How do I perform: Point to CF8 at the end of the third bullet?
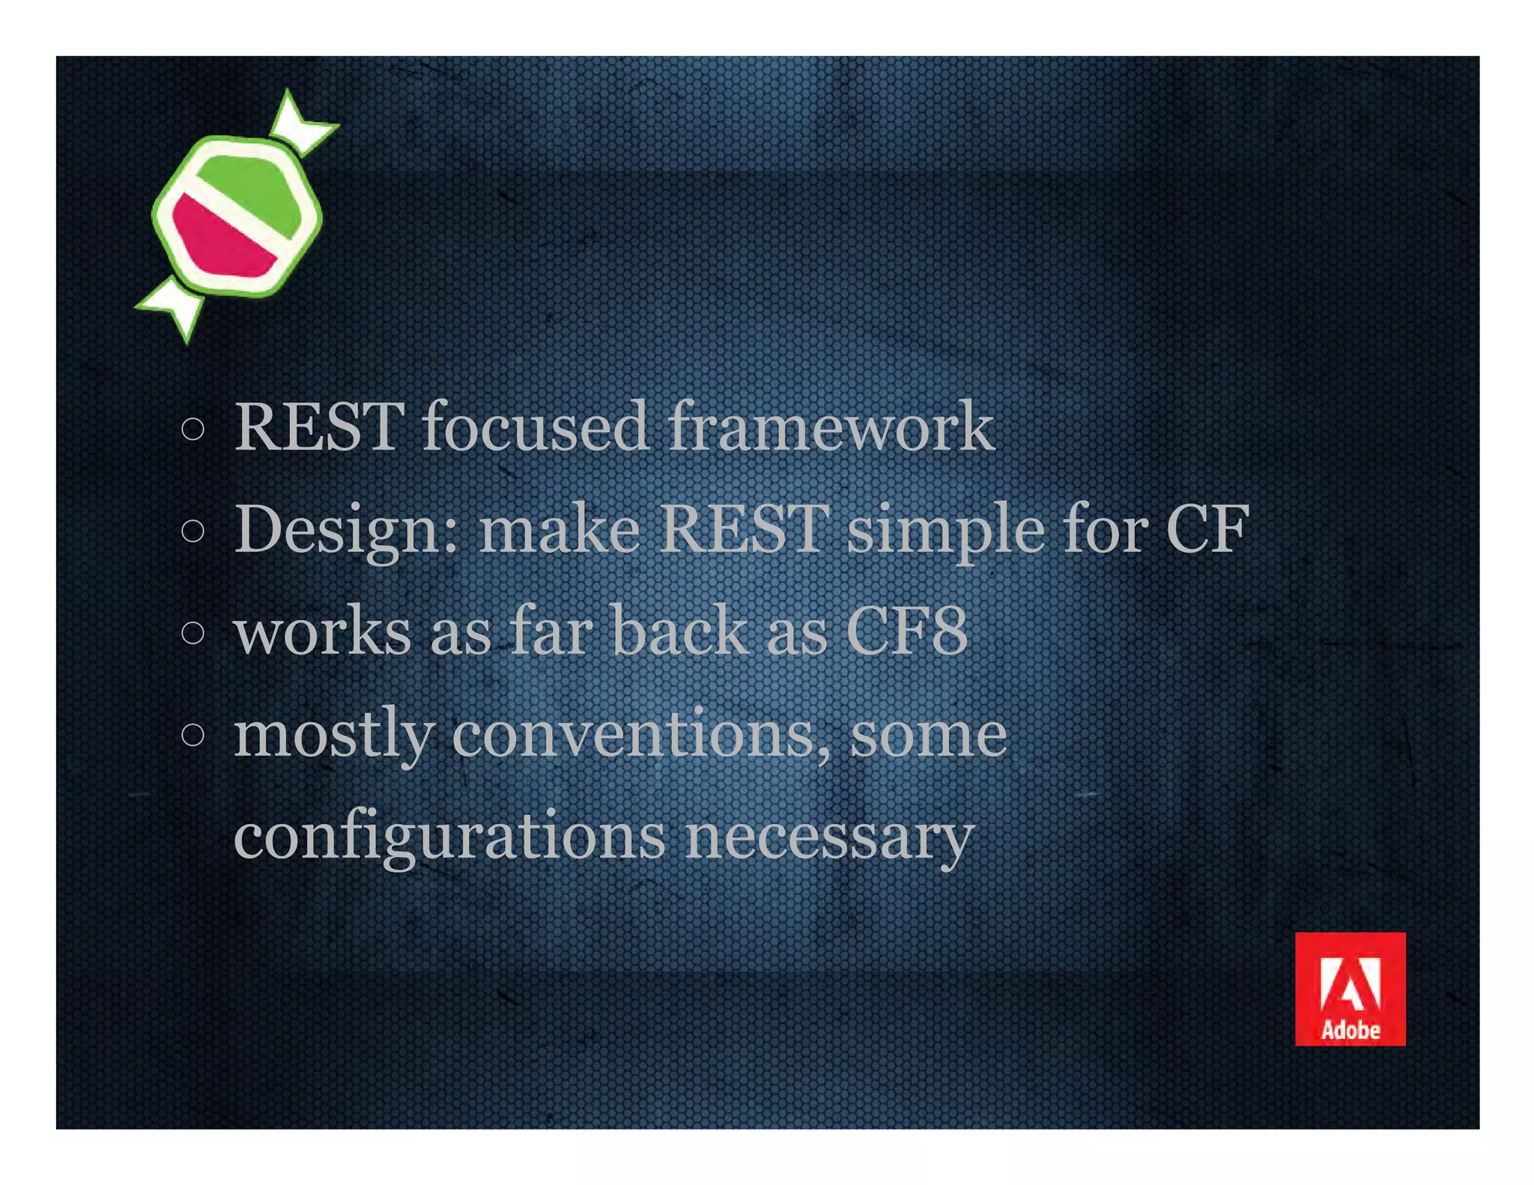coord(907,631)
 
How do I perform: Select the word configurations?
coord(449,837)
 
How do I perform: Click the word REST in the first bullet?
coord(319,427)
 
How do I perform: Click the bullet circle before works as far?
coord(192,633)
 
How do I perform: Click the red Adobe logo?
coord(1350,988)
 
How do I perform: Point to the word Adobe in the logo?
coord(1350,1031)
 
